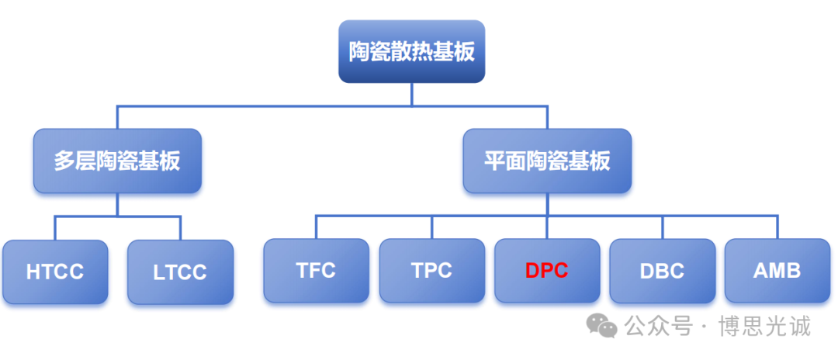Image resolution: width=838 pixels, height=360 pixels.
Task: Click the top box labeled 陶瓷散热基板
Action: click(x=411, y=51)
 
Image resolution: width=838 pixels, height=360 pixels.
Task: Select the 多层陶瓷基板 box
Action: click(x=118, y=161)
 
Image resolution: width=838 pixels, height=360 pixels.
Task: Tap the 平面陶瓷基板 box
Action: click(x=547, y=161)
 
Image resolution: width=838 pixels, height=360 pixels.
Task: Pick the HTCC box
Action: click(x=55, y=272)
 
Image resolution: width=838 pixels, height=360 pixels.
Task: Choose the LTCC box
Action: click(x=180, y=272)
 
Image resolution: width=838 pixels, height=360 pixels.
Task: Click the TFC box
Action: click(x=317, y=270)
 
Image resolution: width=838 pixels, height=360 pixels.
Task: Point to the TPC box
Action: click(x=432, y=270)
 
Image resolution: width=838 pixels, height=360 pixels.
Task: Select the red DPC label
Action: click(x=547, y=271)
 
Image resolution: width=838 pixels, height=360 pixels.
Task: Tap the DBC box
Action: click(x=662, y=270)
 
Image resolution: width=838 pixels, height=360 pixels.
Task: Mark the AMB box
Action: click(x=777, y=270)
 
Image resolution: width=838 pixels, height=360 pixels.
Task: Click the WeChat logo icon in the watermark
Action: click(x=602, y=326)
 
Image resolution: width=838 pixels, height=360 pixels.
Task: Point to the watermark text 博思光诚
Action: click(x=765, y=326)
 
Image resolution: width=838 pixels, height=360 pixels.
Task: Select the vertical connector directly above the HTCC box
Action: click(x=55, y=228)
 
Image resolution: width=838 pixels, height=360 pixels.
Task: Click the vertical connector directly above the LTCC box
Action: click(x=180, y=228)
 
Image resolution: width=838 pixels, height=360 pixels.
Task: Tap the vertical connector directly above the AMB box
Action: click(x=777, y=227)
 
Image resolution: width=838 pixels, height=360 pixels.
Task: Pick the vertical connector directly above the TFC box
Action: click(x=317, y=227)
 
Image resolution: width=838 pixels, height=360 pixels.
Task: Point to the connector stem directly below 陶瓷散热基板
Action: click(x=411, y=95)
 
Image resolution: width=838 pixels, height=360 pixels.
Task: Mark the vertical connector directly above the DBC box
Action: click(x=662, y=227)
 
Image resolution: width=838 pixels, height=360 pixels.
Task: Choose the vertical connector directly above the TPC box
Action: click(x=432, y=227)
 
